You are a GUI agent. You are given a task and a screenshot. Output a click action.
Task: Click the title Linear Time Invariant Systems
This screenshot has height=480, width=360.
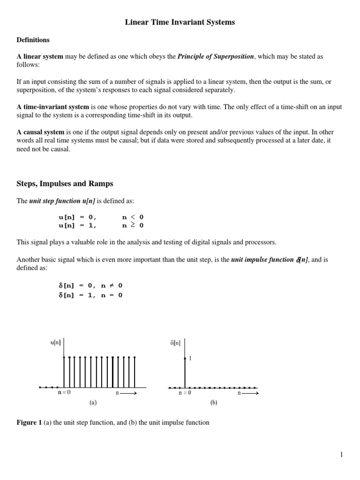(180, 22)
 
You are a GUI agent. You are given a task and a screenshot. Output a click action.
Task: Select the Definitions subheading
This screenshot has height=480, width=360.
(33, 40)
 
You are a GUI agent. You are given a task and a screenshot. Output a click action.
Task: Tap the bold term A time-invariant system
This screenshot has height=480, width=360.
(52, 107)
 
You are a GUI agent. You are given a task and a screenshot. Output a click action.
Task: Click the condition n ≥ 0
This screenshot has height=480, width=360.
(133, 225)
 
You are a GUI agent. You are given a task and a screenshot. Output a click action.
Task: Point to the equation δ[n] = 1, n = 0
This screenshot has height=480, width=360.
(90, 295)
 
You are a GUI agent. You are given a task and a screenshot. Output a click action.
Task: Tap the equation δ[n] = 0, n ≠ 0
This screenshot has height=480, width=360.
(90, 285)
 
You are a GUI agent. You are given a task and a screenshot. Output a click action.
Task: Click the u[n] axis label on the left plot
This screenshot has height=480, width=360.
(56, 343)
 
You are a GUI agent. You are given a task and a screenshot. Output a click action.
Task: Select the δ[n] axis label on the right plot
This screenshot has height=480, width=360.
(175, 343)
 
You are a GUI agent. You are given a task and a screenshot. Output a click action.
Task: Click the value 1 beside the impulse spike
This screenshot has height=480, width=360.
(190, 358)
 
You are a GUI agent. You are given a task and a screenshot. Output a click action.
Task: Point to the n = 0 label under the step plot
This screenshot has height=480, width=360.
(64, 393)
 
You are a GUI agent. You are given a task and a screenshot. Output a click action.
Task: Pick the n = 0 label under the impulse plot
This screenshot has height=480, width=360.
(185, 393)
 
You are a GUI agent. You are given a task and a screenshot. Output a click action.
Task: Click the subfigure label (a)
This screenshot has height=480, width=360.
(93, 402)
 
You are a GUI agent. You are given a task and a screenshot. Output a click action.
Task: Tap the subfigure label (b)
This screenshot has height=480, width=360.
(214, 402)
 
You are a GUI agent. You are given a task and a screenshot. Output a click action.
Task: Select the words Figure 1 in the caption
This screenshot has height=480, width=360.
(29, 422)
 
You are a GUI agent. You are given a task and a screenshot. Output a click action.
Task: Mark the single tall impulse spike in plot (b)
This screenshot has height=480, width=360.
(185, 373)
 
